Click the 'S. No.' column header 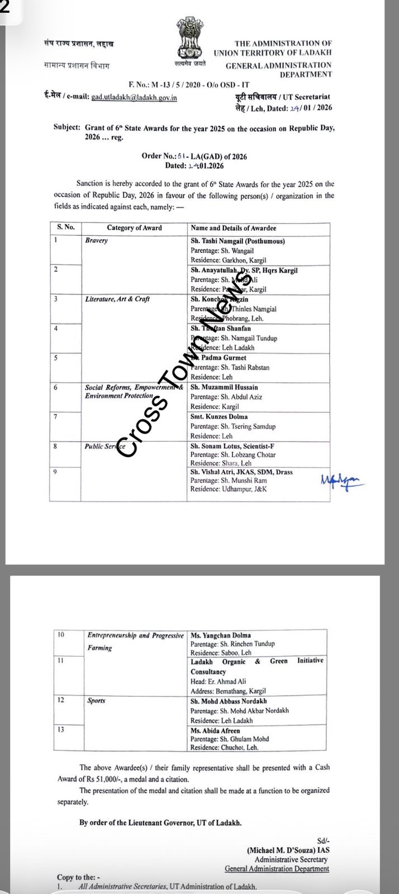point(65,227)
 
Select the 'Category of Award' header point(134,228)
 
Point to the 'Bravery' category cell point(97,240)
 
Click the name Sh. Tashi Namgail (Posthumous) point(237,241)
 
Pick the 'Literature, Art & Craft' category point(117,299)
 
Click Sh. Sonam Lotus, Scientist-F point(232,446)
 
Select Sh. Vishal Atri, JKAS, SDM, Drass point(241,472)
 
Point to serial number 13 point(61,730)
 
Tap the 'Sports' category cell point(96,700)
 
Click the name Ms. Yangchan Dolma point(221,635)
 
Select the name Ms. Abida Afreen point(215,730)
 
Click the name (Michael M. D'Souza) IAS point(288,849)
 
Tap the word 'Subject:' point(67,127)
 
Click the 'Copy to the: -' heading point(79,878)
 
